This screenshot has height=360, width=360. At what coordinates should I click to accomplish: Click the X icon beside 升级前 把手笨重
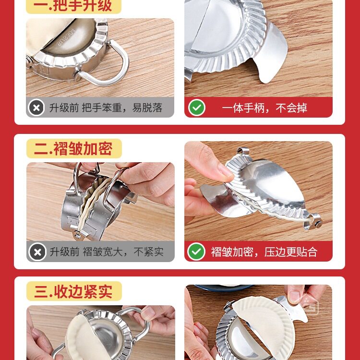(36, 108)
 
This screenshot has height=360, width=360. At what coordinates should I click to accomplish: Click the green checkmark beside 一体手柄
(196, 108)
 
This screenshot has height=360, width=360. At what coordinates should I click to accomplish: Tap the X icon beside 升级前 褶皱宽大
(37, 252)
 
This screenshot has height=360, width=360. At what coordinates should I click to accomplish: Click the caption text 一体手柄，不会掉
(264, 108)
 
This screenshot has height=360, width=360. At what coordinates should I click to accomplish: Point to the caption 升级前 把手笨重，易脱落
(106, 108)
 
